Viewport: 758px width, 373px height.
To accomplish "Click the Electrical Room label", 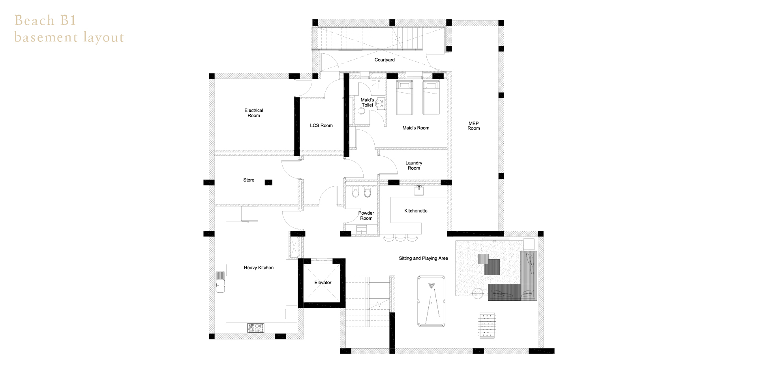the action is click(254, 113).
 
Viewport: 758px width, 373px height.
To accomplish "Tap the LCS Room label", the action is click(321, 126).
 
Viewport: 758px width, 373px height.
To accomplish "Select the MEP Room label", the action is click(474, 126).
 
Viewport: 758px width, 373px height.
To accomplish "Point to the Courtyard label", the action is click(385, 60).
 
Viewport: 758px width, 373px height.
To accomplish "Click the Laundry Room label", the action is click(414, 165).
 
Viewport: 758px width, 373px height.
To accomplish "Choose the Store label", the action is click(249, 180).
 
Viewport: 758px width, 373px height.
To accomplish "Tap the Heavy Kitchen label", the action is click(259, 268).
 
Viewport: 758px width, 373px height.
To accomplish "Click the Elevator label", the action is click(323, 283).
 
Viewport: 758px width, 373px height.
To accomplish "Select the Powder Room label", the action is click(366, 216).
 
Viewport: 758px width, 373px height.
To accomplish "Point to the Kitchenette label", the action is click(416, 211).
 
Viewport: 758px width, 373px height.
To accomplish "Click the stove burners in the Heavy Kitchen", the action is click(255, 328).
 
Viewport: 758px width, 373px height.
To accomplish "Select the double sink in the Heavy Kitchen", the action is click(220, 281).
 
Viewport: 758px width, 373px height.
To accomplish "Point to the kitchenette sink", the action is click(419, 191).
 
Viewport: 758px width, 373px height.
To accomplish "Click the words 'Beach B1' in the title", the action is click(45, 20).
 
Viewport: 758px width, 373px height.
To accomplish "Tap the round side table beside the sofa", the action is click(478, 293).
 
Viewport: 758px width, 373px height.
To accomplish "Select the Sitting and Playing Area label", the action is click(423, 259).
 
